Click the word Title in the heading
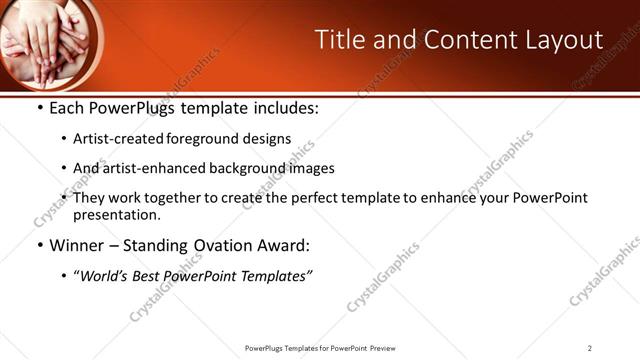[x=339, y=40]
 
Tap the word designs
[x=265, y=139]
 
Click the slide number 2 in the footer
[x=589, y=348]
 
